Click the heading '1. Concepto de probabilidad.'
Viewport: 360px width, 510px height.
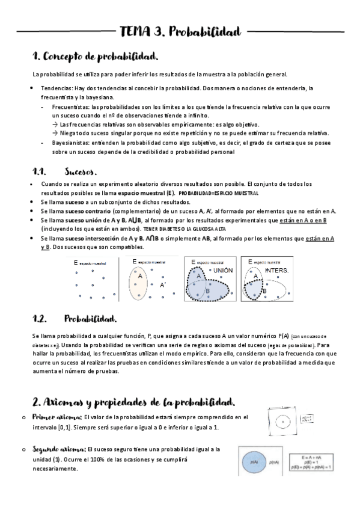click(x=96, y=57)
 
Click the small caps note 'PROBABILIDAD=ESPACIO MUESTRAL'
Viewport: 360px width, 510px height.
click(x=218, y=193)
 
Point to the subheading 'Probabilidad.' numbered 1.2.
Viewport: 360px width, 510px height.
click(x=91, y=319)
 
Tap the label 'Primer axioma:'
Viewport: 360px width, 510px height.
click(x=59, y=417)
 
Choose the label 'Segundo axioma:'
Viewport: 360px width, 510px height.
click(x=61, y=449)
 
